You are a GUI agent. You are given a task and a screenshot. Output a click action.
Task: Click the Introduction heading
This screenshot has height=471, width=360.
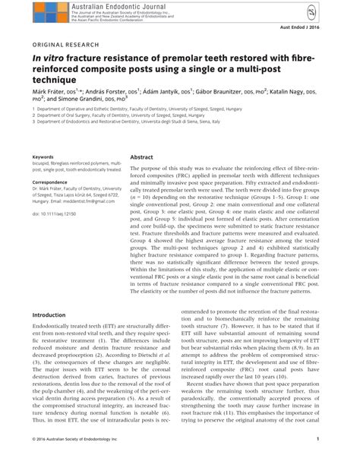click(51, 314)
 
